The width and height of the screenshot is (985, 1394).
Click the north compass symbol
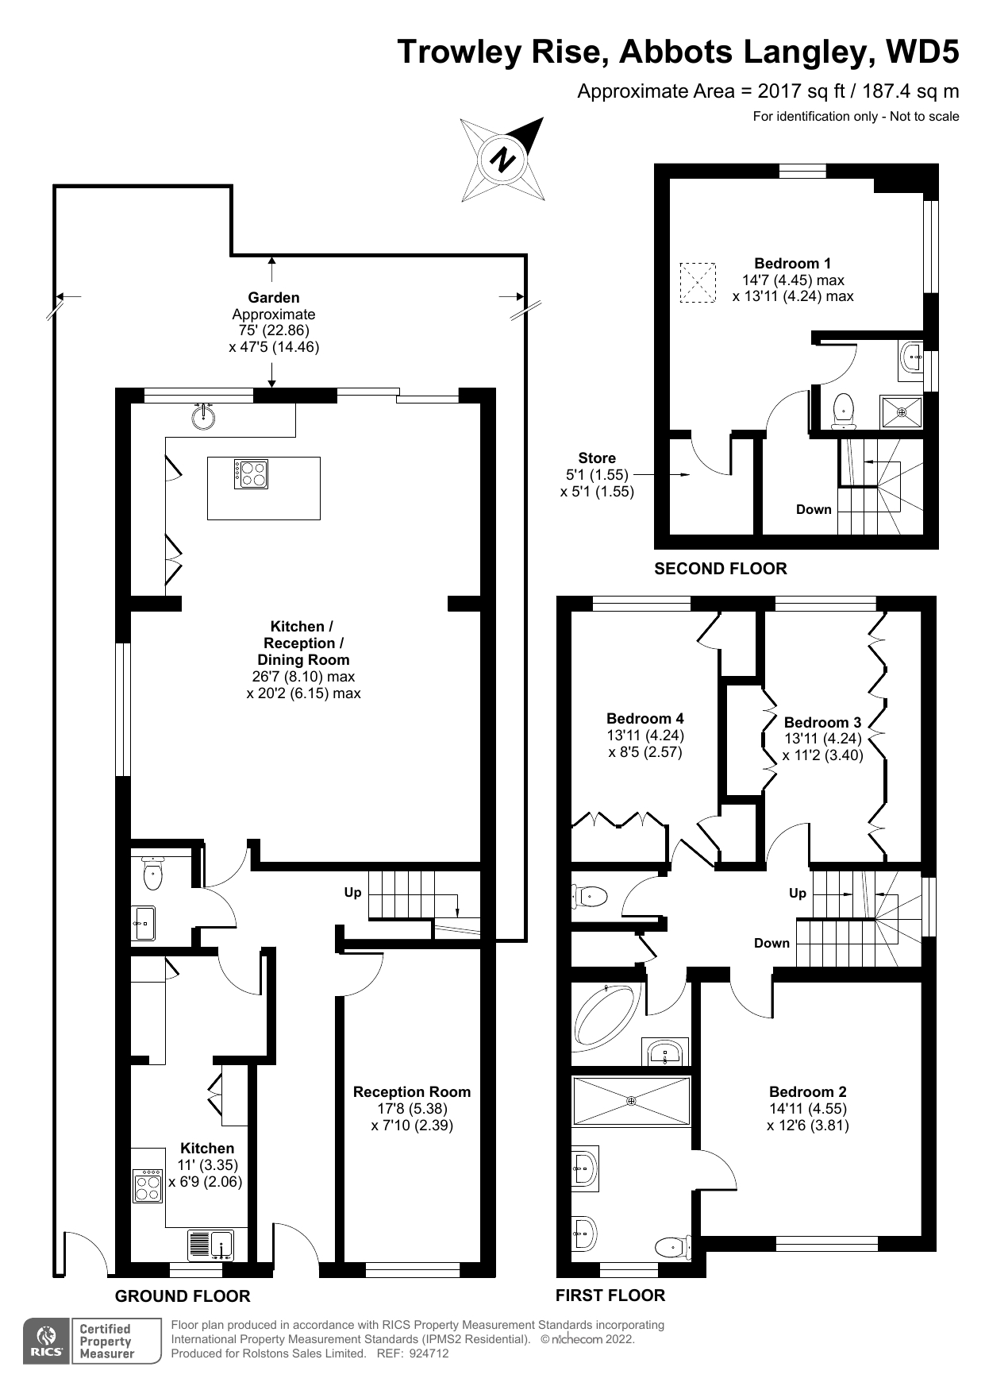point(502,159)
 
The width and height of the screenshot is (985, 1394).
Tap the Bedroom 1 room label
point(793,263)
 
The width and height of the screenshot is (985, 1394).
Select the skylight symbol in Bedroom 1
point(698,283)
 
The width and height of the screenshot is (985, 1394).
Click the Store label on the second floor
point(597,458)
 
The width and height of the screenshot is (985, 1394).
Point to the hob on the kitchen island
point(251,474)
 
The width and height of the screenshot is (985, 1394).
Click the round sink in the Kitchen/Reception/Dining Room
point(204,416)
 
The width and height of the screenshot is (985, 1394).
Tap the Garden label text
point(274,298)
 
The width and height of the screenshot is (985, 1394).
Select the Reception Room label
point(412,1091)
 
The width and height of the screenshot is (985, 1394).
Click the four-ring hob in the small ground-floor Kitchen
point(148,1186)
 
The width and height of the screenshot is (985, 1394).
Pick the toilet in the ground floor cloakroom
point(152,874)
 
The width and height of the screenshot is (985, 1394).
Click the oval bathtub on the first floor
point(605,1014)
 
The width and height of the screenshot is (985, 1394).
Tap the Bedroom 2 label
point(808,1091)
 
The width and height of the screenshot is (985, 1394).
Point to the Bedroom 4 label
point(645,718)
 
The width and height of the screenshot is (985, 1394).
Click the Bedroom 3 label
point(822,722)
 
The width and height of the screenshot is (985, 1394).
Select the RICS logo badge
point(48,1341)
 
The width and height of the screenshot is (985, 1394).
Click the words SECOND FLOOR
point(721,569)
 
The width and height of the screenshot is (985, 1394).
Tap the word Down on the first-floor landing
point(771,943)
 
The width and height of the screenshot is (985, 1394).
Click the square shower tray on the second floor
point(901,412)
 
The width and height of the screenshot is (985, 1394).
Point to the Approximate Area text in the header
point(768,91)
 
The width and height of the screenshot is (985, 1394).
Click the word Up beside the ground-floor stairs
point(352,892)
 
